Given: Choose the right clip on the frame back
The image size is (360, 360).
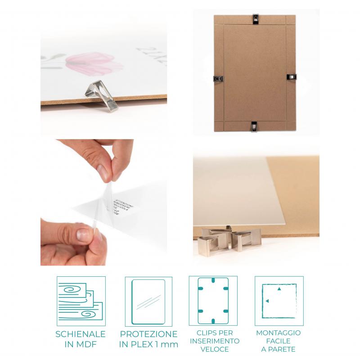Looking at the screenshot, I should click(292, 77).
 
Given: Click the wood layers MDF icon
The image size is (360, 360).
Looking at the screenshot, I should click(80, 301).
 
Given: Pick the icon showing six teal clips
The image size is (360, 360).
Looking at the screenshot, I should click(213, 301).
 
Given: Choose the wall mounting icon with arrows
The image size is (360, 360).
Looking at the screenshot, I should click(279, 301).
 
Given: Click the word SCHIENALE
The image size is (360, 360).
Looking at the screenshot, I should click(81, 334).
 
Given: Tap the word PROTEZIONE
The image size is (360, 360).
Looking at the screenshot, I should click(148, 334).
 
